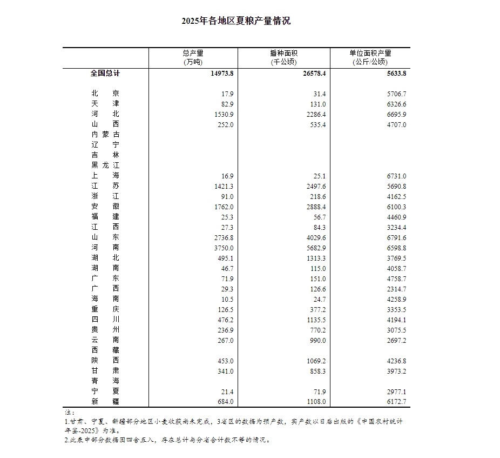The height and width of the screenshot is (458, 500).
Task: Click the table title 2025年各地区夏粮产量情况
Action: [x=236, y=21]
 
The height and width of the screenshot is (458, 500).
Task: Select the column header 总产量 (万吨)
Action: [x=193, y=57]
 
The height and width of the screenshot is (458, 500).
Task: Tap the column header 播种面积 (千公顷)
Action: [x=283, y=57]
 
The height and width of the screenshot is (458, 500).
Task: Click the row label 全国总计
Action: [x=105, y=74]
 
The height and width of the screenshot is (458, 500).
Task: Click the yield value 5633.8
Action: [x=395, y=74]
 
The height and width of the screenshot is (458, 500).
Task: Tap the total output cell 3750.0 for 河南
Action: [x=223, y=247]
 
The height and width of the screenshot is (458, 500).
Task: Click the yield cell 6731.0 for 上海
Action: [x=396, y=176]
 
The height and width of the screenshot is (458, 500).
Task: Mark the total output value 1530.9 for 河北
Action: [x=223, y=115]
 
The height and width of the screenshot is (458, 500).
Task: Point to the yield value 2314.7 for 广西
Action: [x=396, y=288]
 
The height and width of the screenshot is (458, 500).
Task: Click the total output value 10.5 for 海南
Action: [x=226, y=298]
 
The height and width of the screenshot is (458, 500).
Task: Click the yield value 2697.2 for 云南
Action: [x=396, y=340]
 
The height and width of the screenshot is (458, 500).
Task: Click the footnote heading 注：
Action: [x=67, y=412]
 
